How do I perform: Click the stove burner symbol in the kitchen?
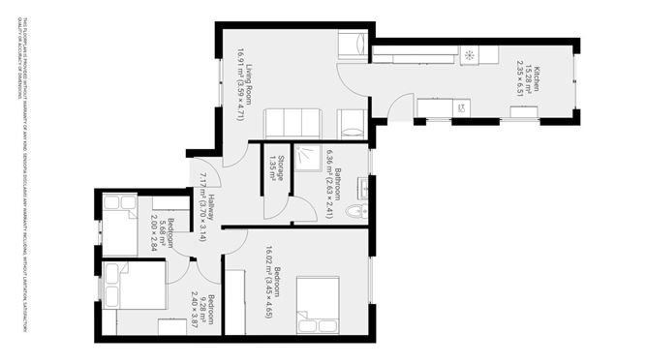click(x=469, y=54)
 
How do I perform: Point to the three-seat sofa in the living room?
click(x=291, y=123)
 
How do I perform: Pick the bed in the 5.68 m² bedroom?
click(x=120, y=225)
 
